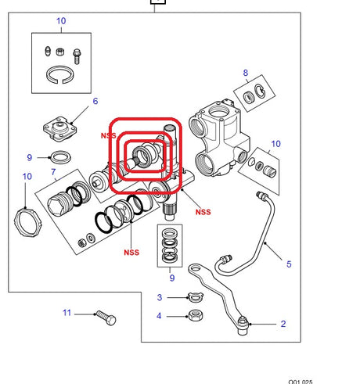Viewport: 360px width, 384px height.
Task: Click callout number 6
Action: click(95, 101)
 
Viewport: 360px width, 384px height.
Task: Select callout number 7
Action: click(52, 170)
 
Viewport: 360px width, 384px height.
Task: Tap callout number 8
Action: click(246, 74)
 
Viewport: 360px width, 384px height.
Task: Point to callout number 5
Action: click(288, 264)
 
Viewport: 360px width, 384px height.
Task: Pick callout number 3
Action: click(160, 297)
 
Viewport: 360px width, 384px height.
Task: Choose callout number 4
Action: click(160, 316)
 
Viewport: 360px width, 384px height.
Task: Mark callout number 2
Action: click(283, 323)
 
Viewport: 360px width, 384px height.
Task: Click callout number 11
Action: click(68, 313)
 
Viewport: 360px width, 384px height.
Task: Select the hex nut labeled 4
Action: click(193, 316)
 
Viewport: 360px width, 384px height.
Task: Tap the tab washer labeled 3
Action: click(193, 296)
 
